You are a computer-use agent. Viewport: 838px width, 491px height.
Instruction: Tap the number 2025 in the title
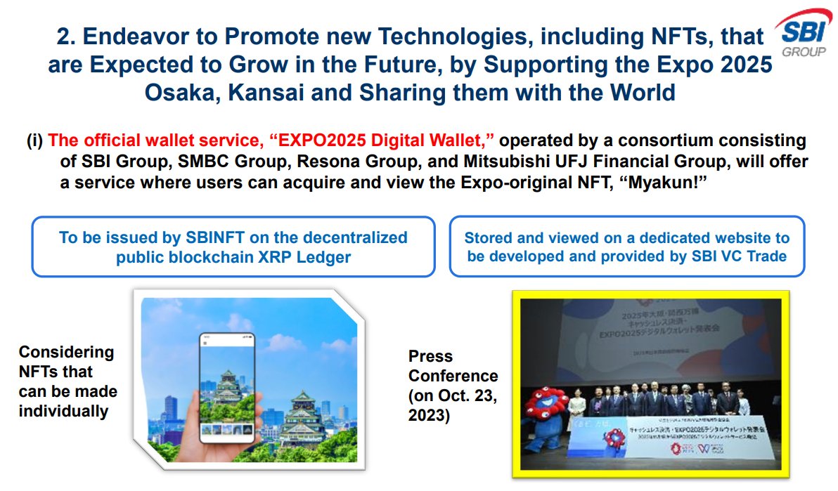pos(747,65)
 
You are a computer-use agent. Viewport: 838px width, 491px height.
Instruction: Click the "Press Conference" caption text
pos(453,366)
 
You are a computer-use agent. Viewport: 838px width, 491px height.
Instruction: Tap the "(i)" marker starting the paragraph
pos(35,142)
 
